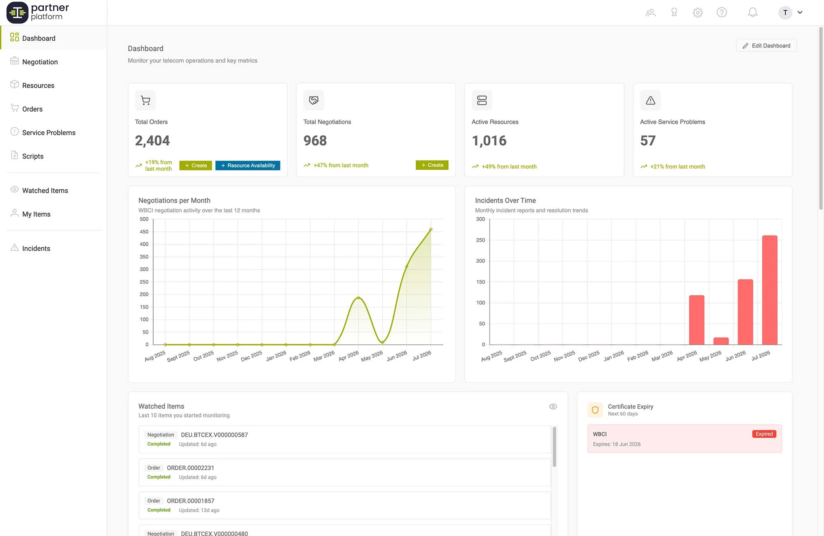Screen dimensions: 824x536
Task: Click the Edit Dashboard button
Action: tap(766, 46)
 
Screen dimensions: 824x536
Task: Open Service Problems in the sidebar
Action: tap(49, 133)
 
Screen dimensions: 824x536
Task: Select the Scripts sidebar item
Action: tap(33, 156)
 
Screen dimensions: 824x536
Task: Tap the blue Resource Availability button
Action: tap(248, 165)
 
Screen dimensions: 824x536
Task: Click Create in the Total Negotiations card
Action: tap(432, 165)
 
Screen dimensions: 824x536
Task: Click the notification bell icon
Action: tap(753, 12)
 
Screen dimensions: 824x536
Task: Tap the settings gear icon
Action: tap(698, 12)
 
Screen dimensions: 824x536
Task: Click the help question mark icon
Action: tap(722, 12)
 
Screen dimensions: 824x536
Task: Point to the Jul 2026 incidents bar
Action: tap(770, 290)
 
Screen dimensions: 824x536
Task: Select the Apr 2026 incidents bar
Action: tap(697, 320)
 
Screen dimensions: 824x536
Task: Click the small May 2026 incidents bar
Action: tap(721, 341)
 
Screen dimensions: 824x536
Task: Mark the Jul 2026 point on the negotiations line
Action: tap(431, 229)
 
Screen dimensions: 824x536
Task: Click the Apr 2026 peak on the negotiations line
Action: tap(358, 297)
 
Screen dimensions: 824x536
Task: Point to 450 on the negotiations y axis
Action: tap(144, 232)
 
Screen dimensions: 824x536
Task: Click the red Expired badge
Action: tap(764, 434)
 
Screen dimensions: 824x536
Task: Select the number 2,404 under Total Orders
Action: tap(152, 141)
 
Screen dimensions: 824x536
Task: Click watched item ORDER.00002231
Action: tap(190, 468)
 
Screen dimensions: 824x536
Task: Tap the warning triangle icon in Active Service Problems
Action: tap(651, 100)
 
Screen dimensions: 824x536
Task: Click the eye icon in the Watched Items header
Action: tap(553, 406)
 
